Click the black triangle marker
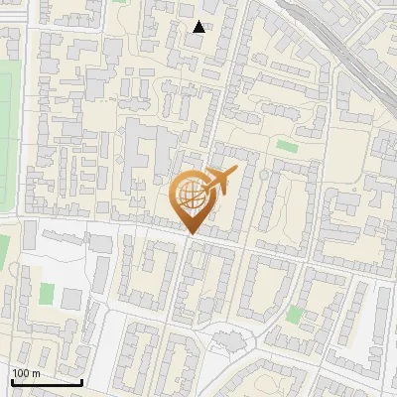[199, 27]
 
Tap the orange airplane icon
[217, 183]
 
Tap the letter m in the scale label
[38, 373]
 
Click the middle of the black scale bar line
[47, 383]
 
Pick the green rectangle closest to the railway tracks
[287, 146]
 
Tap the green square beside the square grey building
[47, 294]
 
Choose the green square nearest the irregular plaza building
[293, 315]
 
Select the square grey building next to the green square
[70, 298]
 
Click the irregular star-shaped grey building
[229, 342]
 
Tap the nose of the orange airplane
[235, 172]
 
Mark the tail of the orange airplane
[205, 191]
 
